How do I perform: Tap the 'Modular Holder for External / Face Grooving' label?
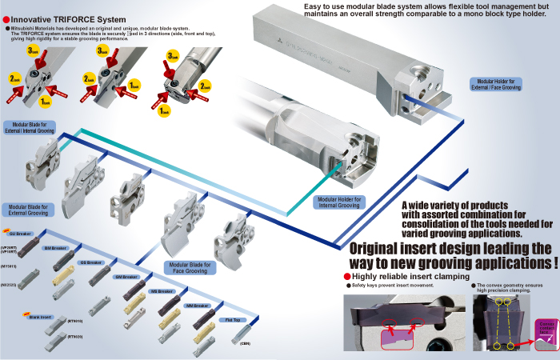coord(496,85)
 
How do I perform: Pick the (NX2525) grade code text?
coord(10,284)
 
